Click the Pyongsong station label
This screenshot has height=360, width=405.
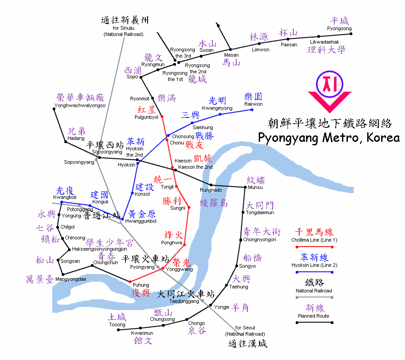pos(339,28)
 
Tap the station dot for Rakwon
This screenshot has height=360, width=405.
pos(249,109)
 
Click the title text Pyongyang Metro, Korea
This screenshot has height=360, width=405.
pos(329,137)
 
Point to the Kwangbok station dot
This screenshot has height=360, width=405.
pos(61,202)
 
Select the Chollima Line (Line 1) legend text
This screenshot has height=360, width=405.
pos(315,240)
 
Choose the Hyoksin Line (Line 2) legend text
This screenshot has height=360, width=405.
pos(315,265)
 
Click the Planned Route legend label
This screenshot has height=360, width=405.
pos(313,316)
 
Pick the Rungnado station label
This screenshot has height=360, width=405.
pos(211,190)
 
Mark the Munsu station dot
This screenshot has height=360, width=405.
pos(244,186)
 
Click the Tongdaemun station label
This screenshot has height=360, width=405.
pos(260,212)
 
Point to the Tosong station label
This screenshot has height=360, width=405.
pos(117,324)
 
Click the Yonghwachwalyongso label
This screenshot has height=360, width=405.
pos(80,105)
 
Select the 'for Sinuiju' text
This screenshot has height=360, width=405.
pos(123,28)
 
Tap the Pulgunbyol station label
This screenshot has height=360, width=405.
pos(146,117)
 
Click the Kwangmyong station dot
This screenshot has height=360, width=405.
pos(220,114)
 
